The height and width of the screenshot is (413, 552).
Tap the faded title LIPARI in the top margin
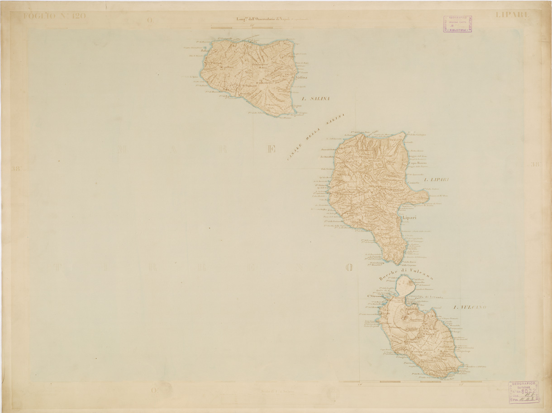coord(512,15)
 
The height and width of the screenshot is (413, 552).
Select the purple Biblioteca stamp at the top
coord(457,24)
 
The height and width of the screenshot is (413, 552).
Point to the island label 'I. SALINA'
coord(315,98)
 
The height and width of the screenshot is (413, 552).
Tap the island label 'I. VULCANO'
coord(470,307)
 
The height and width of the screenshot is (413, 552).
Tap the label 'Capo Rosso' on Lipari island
coord(418,163)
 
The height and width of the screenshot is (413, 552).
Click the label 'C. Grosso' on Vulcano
coord(376,296)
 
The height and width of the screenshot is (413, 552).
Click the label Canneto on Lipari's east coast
coord(415,183)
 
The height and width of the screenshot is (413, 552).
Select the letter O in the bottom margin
coord(154,390)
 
